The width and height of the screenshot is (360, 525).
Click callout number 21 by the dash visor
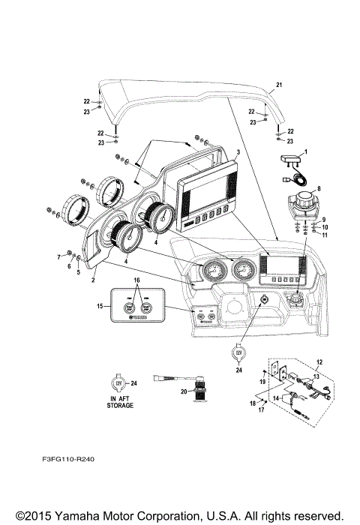pyautogui.click(x=279, y=84)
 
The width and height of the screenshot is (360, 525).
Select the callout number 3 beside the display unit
pyautogui.click(x=237, y=152)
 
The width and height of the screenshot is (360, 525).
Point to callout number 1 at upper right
pyautogui.click(x=305, y=153)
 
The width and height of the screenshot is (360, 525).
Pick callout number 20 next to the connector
pyautogui.click(x=184, y=391)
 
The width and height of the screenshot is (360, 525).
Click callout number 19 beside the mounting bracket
pyautogui.click(x=263, y=382)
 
